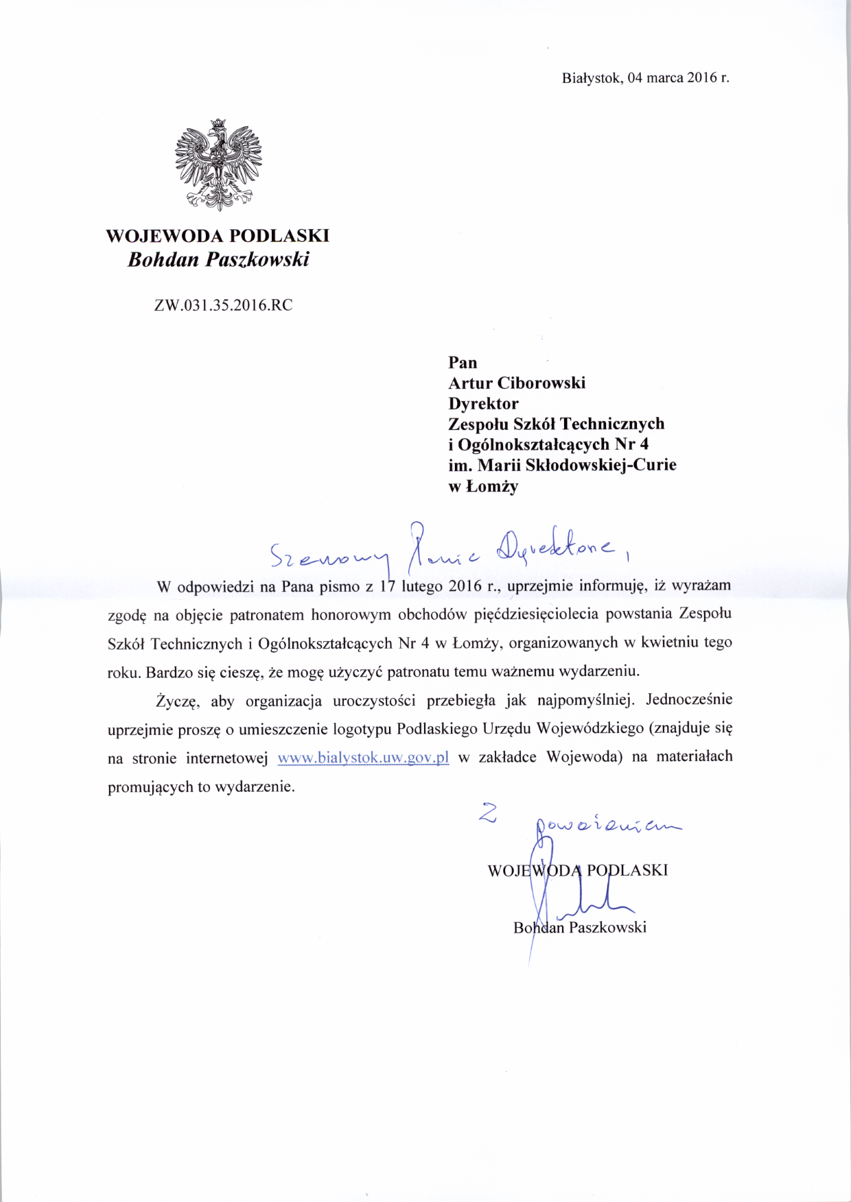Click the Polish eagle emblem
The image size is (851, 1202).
218,165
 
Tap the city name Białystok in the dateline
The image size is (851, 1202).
592,77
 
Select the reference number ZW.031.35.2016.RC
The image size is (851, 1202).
223,306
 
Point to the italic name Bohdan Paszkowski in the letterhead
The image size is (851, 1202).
218,260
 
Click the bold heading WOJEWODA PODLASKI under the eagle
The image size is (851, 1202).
218,236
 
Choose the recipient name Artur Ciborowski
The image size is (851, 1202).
517,383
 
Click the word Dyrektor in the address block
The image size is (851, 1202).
483,403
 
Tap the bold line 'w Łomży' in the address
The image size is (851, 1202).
483,486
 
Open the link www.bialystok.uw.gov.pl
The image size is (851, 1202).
363,758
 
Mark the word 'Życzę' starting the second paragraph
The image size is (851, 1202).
177,701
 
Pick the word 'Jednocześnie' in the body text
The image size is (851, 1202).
689,700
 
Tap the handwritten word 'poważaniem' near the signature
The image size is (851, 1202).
607,826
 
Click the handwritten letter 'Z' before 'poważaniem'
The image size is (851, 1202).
487,813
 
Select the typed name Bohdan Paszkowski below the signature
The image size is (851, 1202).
580,928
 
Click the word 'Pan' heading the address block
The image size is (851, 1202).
463,362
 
